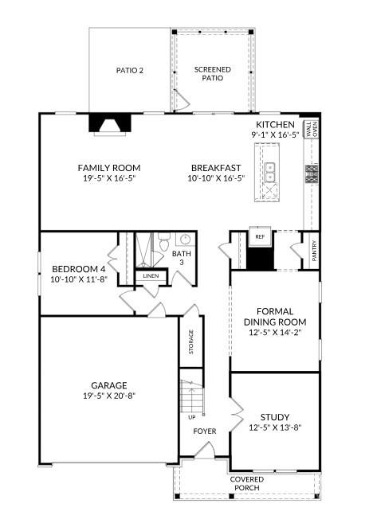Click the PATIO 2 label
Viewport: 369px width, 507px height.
[130, 70]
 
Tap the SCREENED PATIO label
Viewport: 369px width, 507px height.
[212, 74]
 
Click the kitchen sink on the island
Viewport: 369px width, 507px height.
[271, 172]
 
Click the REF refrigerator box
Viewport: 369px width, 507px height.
[259, 237]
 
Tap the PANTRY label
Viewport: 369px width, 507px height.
[314, 250]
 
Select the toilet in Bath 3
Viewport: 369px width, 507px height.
[163, 240]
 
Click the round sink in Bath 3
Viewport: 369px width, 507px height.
[184, 239]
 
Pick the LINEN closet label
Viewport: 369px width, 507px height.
[151, 275]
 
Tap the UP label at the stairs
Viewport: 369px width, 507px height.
[191, 416]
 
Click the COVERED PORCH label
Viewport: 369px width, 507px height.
[246, 484]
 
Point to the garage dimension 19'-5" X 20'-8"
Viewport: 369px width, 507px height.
[108, 396]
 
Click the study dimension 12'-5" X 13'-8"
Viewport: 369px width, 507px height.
[275, 427]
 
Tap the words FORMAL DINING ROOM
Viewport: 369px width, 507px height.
[275, 316]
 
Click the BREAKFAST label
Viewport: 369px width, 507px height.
[216, 168]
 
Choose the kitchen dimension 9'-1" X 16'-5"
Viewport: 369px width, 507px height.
[275, 135]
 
